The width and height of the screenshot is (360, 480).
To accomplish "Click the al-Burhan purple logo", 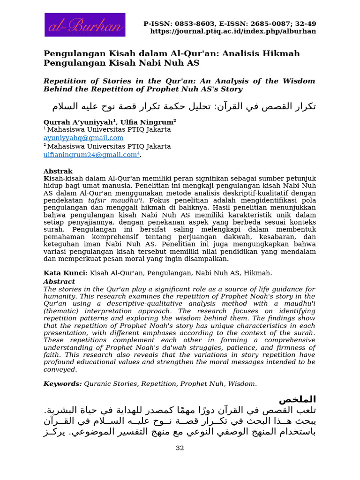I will pyautogui.click(x=85, y=25).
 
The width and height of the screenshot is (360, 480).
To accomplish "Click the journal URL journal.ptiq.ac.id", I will pyautogui.click(x=233, y=31).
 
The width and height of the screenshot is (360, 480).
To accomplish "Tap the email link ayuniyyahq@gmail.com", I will pyautogui.click(x=83, y=138).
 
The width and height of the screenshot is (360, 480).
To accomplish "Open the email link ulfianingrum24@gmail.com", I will pyautogui.click(x=90, y=155).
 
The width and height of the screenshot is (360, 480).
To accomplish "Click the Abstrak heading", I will pyautogui.click(x=58, y=171).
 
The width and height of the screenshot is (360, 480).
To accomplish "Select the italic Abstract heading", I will pyautogui.click(x=59, y=282).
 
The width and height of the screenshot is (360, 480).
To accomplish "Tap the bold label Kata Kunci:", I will pyautogui.click(x=66, y=273).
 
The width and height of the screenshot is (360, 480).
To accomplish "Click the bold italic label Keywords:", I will pyautogui.click(x=63, y=383).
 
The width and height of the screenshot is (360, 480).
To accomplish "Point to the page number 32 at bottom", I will pyautogui.click(x=180, y=448).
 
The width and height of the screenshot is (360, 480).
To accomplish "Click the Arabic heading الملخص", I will pyautogui.click(x=297, y=399).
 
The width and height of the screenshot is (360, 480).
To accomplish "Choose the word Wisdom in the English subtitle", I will pyautogui.click(x=298, y=81).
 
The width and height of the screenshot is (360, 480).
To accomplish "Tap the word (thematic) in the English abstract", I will pyautogui.click(x=62, y=311).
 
